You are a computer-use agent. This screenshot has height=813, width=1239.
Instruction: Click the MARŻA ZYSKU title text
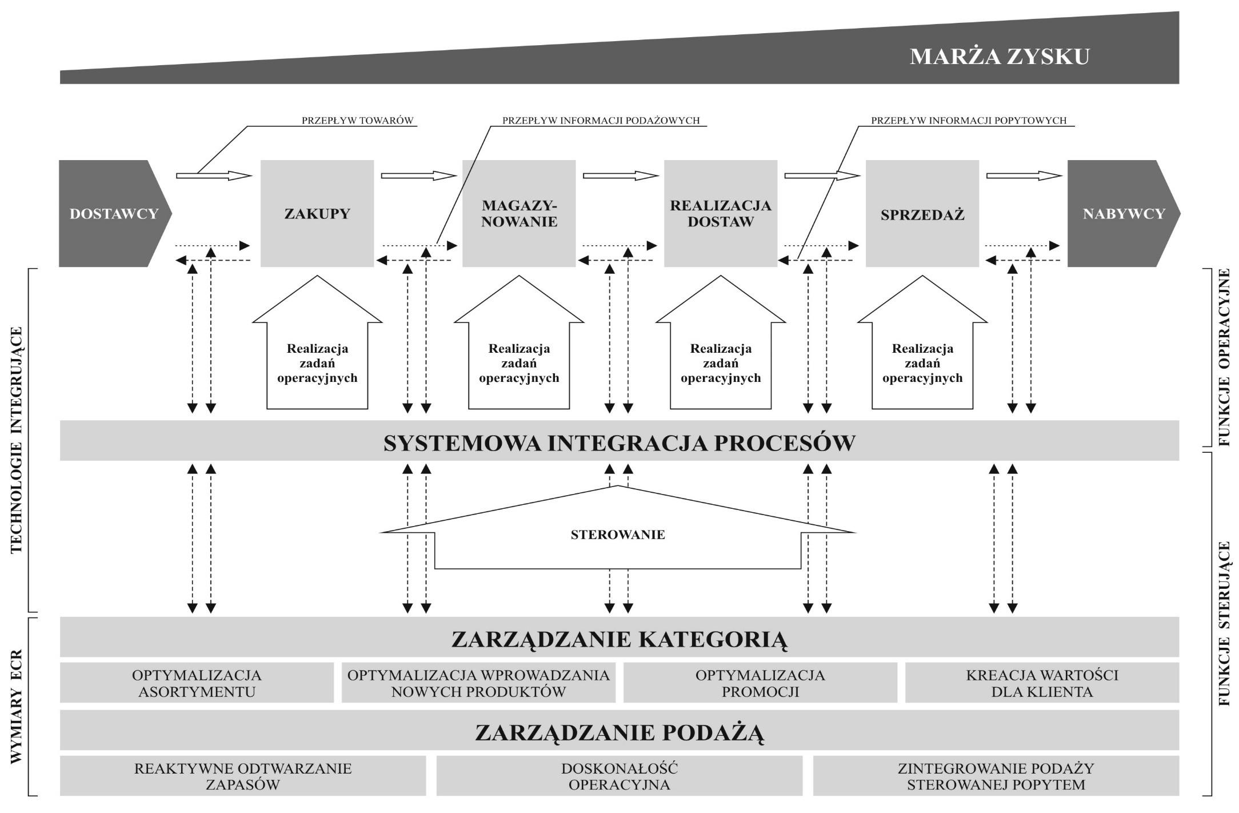[1000, 57]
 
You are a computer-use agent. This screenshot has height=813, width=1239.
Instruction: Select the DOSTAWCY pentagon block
[113, 214]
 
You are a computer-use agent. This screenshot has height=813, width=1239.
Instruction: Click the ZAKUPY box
[317, 214]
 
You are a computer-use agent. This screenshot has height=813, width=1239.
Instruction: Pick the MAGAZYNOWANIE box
[519, 214]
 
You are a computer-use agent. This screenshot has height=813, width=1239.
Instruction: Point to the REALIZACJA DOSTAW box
[721, 214]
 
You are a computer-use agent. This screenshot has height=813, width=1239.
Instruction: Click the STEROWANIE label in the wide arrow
[618, 535]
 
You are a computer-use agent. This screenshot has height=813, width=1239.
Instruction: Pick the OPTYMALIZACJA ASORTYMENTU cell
[197, 683]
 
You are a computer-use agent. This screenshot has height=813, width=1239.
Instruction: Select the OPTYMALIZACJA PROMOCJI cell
[760, 683]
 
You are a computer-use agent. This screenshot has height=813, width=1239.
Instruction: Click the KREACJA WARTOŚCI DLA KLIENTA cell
[1042, 683]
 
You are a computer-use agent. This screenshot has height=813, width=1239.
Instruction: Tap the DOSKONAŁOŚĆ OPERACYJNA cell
[619, 776]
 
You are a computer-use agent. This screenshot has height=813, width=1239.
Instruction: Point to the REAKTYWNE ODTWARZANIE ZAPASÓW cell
[243, 776]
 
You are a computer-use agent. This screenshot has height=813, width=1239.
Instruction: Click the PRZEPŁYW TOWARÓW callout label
[357, 121]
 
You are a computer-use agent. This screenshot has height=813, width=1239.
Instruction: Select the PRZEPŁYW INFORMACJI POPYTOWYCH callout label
[969, 121]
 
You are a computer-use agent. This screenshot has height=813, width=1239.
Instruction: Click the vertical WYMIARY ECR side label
[16, 706]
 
